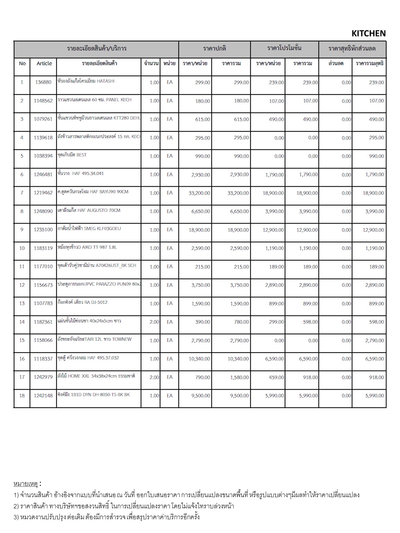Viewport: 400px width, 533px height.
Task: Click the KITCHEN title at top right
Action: [368, 33]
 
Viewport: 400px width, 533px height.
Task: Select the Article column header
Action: [44, 64]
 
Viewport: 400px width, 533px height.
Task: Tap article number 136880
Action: [43, 82]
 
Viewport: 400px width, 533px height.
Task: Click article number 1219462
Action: [43, 193]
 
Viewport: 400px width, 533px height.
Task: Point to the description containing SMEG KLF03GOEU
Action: [89, 229]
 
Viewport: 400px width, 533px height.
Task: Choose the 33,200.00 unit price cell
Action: [199, 193]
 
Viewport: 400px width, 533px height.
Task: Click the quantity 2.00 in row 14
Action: [154, 322]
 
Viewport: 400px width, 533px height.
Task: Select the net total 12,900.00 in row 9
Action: [373, 230]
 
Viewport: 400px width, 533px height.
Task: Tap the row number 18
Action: [22, 396]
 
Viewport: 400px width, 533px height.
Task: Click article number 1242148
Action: [43, 396]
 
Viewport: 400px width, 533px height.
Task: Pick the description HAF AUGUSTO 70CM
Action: [89, 210]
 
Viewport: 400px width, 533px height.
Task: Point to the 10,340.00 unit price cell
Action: [199, 359]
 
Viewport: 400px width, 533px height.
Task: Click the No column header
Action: [22, 64]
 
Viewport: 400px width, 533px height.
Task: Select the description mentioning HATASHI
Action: [86, 81]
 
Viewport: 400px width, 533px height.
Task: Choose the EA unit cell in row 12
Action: [170, 285]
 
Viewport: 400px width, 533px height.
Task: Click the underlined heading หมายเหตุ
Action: [26, 484]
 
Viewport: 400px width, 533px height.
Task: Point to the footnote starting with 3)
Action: [107, 517]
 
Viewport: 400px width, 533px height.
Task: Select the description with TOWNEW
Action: [95, 339]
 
